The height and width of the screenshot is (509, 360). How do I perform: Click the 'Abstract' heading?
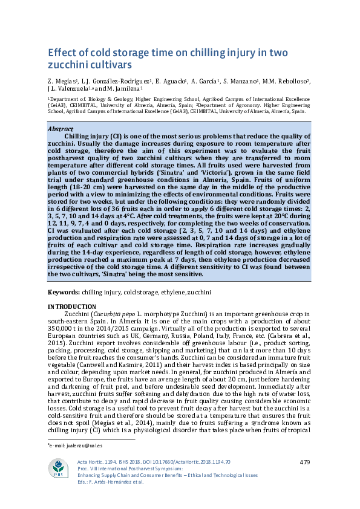coord(60,129)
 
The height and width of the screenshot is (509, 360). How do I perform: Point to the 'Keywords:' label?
coord(63,293)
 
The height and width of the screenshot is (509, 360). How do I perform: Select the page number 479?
coord(305,462)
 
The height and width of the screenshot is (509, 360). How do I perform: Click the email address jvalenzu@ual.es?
coord(70,446)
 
